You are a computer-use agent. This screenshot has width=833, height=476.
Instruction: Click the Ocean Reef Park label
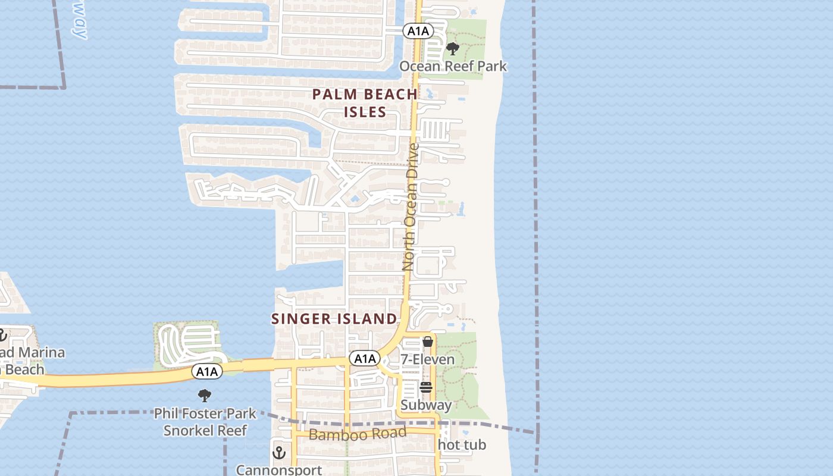click(x=453, y=65)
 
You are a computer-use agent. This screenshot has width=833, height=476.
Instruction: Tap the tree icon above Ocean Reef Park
click(x=453, y=49)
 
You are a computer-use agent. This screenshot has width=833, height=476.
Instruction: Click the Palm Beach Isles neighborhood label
click(x=365, y=103)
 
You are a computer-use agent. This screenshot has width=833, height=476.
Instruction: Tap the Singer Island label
click(x=334, y=319)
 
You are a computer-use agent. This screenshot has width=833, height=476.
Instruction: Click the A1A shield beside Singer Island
click(x=364, y=358)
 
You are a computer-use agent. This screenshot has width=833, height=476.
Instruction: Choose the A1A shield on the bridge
click(x=207, y=372)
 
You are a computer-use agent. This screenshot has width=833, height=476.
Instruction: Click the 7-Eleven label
click(x=427, y=359)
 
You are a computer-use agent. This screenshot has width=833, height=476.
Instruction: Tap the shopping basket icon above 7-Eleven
click(x=427, y=342)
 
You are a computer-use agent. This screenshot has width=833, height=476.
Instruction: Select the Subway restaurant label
click(x=426, y=405)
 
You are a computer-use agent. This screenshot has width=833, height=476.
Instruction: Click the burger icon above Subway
click(x=426, y=387)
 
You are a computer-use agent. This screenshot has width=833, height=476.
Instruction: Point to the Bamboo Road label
click(x=357, y=434)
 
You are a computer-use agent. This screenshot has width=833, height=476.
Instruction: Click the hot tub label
click(x=462, y=444)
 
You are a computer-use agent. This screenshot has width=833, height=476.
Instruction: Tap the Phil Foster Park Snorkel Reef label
click(x=205, y=421)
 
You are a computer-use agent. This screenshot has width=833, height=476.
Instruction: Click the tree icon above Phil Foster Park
click(x=205, y=395)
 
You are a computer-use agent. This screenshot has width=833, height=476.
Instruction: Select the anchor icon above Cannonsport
click(x=279, y=453)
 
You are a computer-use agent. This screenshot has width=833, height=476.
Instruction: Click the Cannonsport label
click(x=279, y=470)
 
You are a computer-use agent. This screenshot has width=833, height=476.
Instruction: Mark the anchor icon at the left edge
click(x=2, y=336)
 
